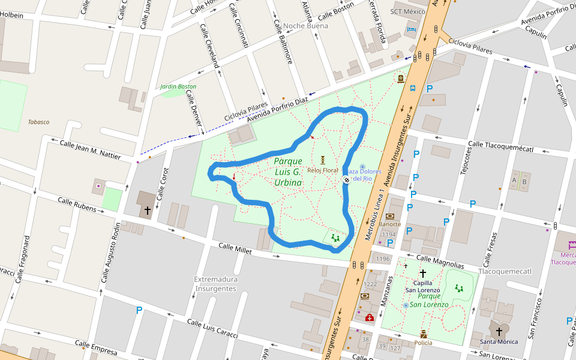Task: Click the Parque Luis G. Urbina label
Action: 288,172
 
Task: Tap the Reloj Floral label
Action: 323,170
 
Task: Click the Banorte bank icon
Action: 391,216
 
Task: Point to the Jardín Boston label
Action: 178,86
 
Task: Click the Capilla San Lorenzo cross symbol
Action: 422,273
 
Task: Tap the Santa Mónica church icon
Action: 499,331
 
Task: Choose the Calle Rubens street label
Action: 77,205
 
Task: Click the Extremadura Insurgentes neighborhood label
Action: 216,284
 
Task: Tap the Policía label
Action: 423,343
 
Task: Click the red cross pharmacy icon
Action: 370,317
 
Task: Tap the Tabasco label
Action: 38,122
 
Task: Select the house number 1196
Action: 383,259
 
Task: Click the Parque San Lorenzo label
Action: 433,300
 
